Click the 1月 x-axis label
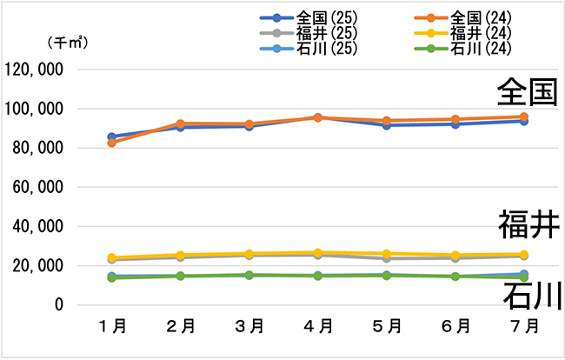(x=113, y=327)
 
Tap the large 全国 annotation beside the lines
(x=527, y=93)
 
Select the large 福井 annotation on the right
(x=527, y=223)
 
